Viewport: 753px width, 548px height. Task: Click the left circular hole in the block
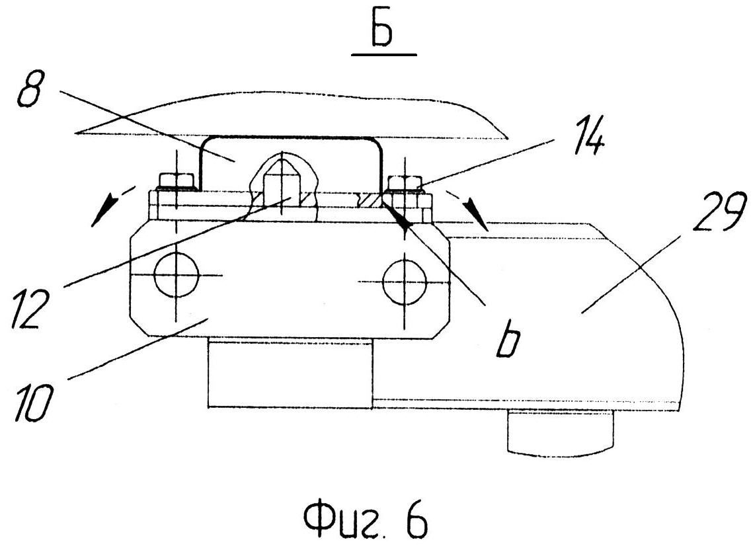(x=176, y=276)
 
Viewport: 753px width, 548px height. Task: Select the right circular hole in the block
(x=404, y=280)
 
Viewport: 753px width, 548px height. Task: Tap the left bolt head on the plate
(x=176, y=180)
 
